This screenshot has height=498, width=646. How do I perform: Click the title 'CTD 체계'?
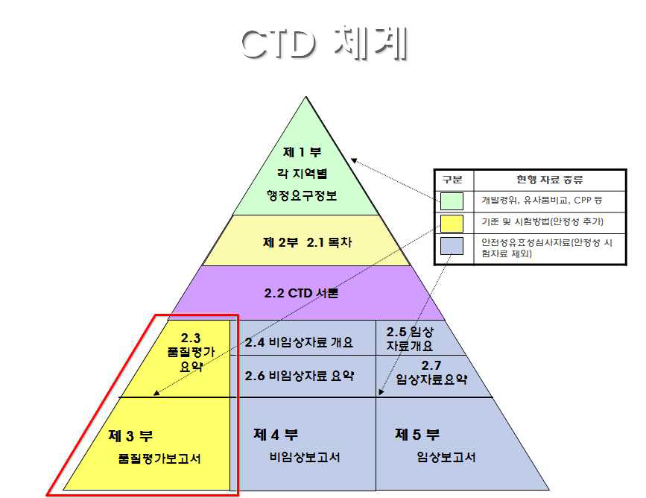click(323, 44)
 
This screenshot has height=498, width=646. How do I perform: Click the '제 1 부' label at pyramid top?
click(302, 151)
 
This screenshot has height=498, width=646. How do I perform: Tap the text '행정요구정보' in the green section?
click(302, 195)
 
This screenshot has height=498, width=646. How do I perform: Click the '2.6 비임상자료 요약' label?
click(300, 375)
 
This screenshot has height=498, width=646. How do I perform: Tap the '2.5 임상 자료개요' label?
click(411, 338)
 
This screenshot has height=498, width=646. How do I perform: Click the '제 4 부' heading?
click(275, 434)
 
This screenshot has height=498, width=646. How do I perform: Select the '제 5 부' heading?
click(417, 434)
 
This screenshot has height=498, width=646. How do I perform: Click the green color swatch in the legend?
click(452, 201)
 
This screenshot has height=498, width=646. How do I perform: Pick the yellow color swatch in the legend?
click(452, 222)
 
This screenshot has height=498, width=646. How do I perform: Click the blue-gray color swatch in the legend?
click(452, 245)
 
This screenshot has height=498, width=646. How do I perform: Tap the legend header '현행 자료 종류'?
click(550, 180)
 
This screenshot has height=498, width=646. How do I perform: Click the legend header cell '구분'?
click(452, 180)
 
